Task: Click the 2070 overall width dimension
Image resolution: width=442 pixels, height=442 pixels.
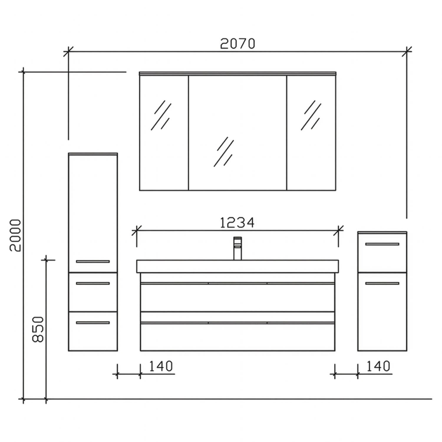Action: pos(238,44)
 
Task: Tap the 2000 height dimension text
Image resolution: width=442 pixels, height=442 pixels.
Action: pos(15,235)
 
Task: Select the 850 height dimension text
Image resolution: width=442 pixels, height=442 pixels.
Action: pos(38,329)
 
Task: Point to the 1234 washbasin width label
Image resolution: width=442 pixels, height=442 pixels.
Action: pos(237,223)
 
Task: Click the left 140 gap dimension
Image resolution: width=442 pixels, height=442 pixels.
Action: pos(161,366)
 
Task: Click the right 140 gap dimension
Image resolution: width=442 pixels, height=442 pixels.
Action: pos(378,366)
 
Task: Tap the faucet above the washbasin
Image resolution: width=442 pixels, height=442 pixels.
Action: pos(238,248)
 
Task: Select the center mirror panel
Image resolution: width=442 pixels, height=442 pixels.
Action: pos(238,133)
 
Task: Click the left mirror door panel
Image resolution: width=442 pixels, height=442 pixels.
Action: pos(164,133)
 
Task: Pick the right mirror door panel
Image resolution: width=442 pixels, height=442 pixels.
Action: pos(311,133)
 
